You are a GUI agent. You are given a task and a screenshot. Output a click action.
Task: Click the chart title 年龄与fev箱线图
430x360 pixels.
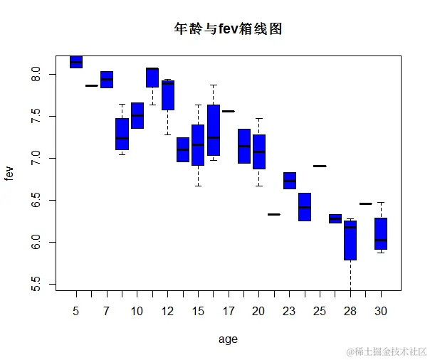229,29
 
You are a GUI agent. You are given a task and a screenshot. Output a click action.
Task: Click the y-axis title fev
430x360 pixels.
9,172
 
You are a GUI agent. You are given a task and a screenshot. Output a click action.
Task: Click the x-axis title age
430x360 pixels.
228,339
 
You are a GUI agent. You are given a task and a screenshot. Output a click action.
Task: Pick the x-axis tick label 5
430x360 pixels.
76,311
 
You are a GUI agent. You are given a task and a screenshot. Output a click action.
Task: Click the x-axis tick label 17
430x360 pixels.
229,311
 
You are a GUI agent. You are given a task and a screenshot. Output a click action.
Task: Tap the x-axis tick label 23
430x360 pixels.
289,311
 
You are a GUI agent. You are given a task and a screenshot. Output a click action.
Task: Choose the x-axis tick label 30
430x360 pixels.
381,311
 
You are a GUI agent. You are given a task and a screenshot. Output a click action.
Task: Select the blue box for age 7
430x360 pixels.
107,80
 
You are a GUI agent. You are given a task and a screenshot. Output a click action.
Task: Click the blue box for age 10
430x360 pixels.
137,115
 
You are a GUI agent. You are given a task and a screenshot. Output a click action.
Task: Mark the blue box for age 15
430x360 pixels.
198,144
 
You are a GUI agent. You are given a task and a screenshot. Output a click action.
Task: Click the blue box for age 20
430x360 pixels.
259,152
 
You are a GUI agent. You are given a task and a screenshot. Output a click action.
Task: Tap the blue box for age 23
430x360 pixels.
290,180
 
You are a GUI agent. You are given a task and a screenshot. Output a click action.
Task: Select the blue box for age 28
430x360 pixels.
350,240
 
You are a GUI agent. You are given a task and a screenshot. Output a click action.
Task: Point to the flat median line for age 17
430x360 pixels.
229,111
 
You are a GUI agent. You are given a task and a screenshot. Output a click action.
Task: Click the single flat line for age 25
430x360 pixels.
320,166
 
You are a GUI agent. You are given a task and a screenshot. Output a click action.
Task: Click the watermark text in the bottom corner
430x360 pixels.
386,351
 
